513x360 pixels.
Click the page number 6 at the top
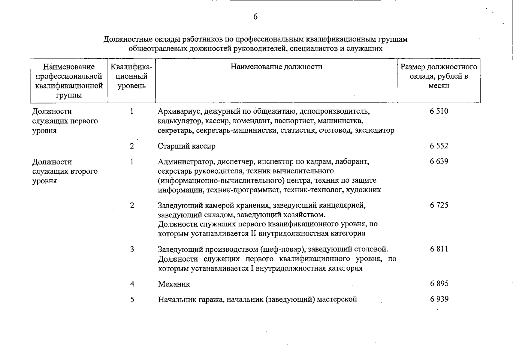[255, 17]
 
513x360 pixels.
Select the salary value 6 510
[439, 111]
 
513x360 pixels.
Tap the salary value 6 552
[439, 146]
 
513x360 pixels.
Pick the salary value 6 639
[439, 161]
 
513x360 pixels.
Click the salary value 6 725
[439, 205]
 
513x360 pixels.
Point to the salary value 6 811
[439, 249]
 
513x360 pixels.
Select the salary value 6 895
[439, 283]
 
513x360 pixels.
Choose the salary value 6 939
[439, 299]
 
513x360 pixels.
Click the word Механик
[174, 284]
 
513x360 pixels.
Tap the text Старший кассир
[186, 146]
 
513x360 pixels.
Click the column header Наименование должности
[276, 67]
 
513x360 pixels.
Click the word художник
[364, 190]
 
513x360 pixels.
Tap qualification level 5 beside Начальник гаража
[132, 299]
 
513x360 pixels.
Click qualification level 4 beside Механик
[132, 284]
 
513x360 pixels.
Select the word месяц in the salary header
[439, 86]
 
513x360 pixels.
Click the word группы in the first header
[69, 95]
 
